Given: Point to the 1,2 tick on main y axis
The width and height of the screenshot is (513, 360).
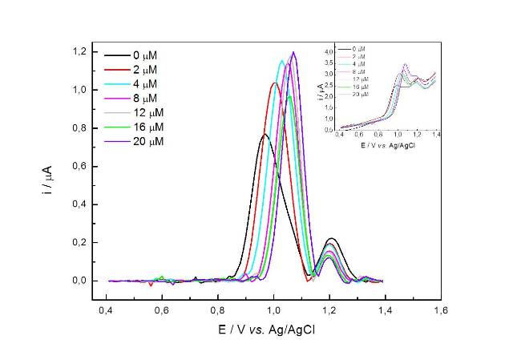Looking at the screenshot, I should coord(78,51).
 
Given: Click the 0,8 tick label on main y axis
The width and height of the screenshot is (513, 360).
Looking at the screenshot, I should coord(78,128).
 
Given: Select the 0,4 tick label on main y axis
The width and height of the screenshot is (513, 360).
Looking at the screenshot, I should coord(78,204).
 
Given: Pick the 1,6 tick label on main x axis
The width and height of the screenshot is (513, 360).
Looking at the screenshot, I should coord(440,309).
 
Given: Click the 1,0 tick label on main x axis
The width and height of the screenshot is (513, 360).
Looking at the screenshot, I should coord(273,309).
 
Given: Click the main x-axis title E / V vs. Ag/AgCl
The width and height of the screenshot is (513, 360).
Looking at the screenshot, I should coord(273,329).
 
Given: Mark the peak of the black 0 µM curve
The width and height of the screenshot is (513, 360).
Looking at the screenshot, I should coord(265,135).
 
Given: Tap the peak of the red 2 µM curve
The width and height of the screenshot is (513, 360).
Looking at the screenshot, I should coord(275,83).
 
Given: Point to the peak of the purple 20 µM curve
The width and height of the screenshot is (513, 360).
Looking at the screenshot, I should coord(294,52).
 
